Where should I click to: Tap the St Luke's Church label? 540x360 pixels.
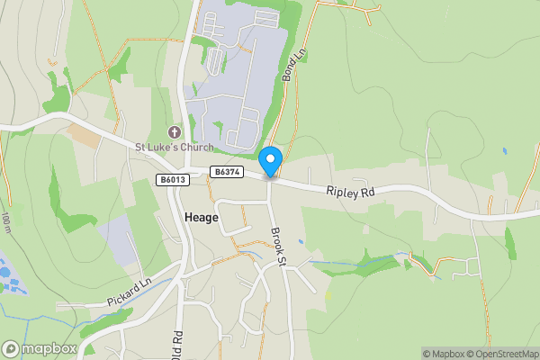175,148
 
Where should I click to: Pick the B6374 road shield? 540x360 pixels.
226,171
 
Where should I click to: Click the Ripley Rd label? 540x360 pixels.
349,191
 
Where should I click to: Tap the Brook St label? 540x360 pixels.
277,244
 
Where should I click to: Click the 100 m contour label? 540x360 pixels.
7,223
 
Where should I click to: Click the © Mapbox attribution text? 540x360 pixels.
446,354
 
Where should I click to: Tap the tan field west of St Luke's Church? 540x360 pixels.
83,136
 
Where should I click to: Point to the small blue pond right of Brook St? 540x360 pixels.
301,242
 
